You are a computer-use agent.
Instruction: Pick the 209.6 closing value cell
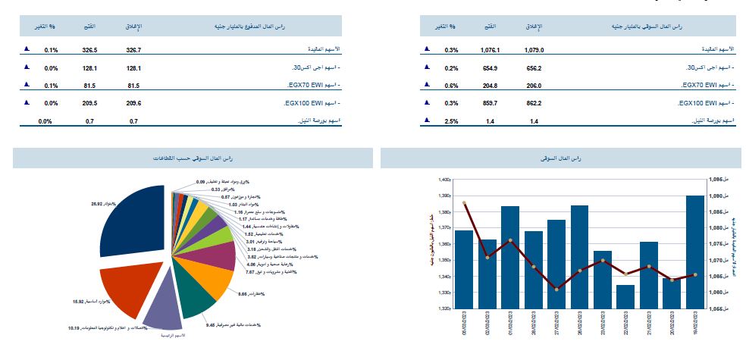click(x=134, y=102)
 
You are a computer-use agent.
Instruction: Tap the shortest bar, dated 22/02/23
click(x=625, y=296)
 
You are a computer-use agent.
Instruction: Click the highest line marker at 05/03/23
click(x=464, y=203)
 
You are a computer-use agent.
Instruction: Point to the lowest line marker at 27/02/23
click(x=556, y=290)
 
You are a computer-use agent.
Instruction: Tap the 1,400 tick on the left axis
click(x=444, y=180)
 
